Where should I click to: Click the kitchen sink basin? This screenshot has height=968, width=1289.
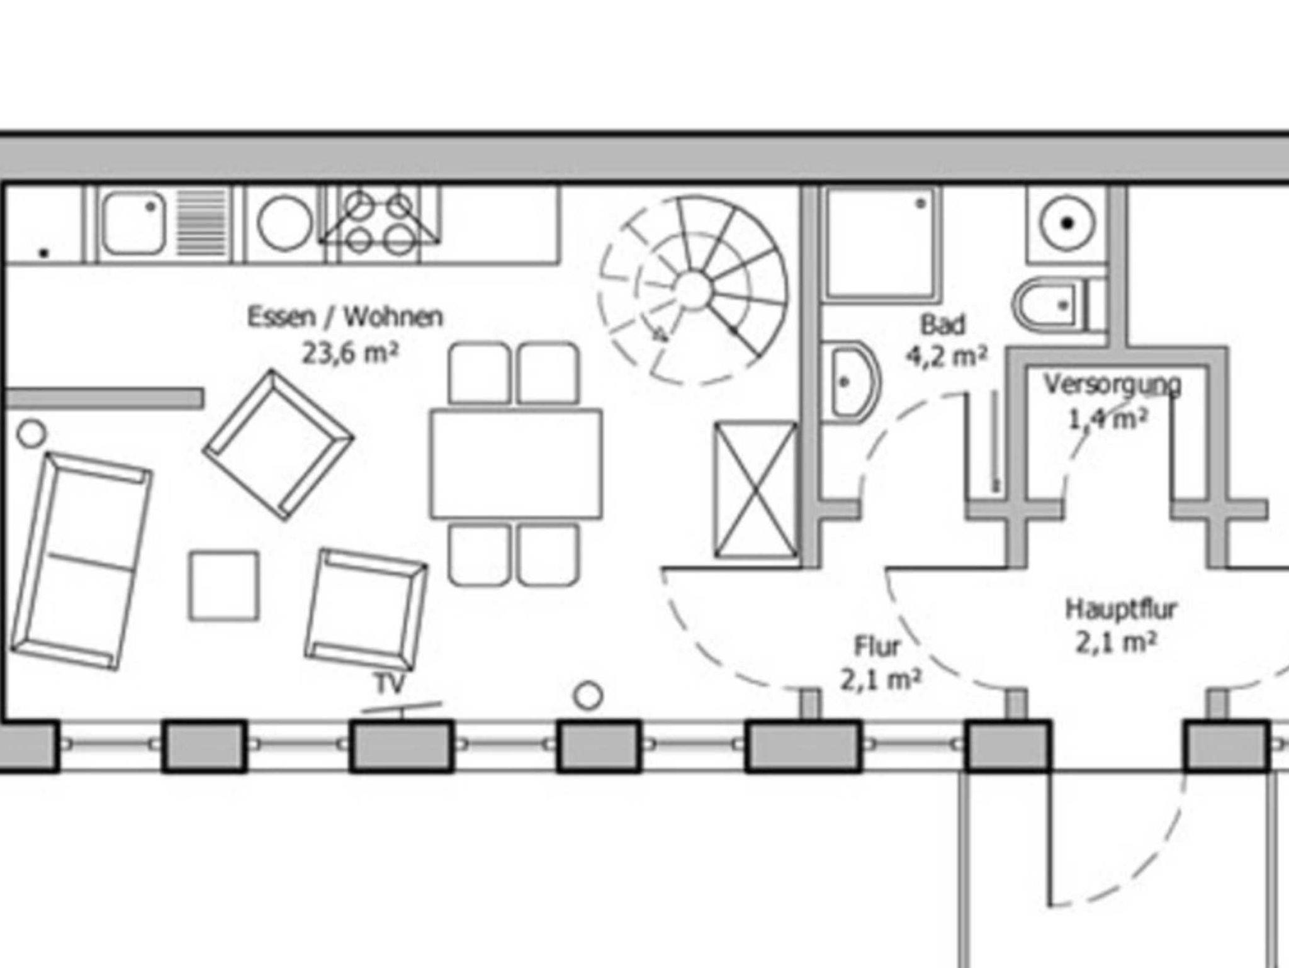(134, 223)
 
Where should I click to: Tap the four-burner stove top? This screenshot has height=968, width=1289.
(379, 223)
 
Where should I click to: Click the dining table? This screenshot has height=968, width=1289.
(516, 464)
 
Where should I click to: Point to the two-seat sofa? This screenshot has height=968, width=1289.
(81, 560)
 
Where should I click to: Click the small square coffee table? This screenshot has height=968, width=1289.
(223, 586)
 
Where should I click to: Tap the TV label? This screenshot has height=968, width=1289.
(390, 684)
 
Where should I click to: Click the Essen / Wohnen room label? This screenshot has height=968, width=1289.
(345, 317)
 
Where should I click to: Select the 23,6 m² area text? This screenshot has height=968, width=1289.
(350, 352)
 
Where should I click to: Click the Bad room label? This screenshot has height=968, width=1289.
(942, 325)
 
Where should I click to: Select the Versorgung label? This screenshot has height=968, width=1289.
(1112, 384)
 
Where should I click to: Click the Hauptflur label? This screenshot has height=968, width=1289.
(1121, 609)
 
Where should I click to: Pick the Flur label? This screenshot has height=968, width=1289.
(877, 646)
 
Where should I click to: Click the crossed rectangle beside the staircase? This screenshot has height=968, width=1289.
(755, 490)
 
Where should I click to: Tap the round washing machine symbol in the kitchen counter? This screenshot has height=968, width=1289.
(285, 223)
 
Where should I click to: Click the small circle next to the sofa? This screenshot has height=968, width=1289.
(31, 434)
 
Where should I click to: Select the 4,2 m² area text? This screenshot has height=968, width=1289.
(946, 357)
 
